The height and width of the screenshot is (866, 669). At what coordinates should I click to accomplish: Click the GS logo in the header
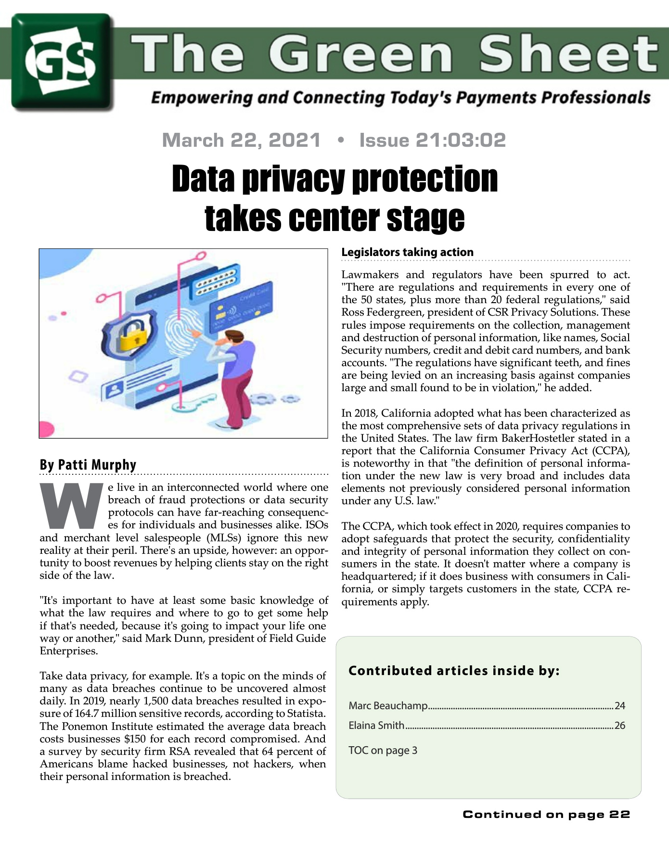[63, 62]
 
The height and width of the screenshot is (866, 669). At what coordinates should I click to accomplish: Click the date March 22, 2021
[241, 140]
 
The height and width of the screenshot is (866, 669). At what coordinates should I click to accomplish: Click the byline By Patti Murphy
[88, 465]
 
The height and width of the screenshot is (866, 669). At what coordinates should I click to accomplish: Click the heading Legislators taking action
[407, 252]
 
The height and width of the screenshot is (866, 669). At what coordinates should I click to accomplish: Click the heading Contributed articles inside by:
[454, 671]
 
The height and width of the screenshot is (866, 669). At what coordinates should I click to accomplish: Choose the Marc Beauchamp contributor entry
[388, 706]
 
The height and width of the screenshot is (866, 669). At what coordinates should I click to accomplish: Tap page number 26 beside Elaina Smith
[619, 726]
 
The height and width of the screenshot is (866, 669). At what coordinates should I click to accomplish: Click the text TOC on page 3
[383, 751]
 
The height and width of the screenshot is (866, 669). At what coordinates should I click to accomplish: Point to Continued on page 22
[546, 815]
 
